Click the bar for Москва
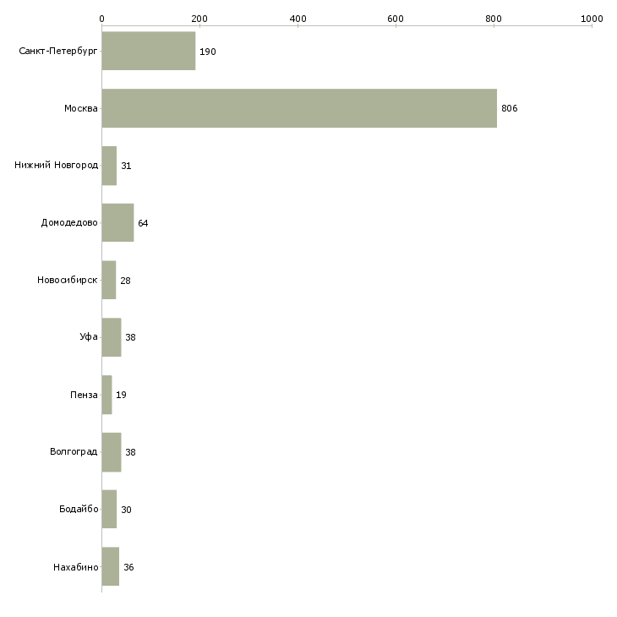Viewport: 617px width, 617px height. pyautogui.click(x=299, y=108)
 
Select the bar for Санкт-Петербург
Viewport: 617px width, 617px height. pyautogui.click(x=149, y=51)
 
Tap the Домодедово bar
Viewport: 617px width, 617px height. pyautogui.click(x=117, y=223)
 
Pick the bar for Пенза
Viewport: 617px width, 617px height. pyautogui.click(x=106, y=395)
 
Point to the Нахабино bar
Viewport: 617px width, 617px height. pyautogui.click(x=111, y=566)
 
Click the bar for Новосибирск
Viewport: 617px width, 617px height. pyautogui.click(x=109, y=280)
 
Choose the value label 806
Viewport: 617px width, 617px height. pyautogui.click(x=509, y=108)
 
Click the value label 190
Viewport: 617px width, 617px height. pyautogui.click(x=208, y=52)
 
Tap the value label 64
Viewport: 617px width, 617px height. pyautogui.click(x=143, y=223)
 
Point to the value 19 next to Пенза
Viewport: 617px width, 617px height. pyautogui.click(x=121, y=395)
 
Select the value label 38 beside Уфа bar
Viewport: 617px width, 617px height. pyautogui.click(x=130, y=337)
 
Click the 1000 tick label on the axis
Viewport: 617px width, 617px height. pyautogui.click(x=592, y=19)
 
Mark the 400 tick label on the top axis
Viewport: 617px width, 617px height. pyautogui.click(x=298, y=19)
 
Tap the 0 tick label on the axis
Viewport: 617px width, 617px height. pyautogui.click(x=102, y=19)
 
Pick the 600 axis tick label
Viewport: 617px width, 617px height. pyautogui.click(x=396, y=19)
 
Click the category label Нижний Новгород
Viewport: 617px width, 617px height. pyautogui.click(x=57, y=166)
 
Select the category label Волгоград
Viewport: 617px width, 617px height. pyautogui.click(x=74, y=451)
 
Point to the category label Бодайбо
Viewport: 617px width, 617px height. pyautogui.click(x=79, y=509)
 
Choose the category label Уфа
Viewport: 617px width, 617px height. pyautogui.click(x=89, y=337)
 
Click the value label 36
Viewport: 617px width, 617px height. pyautogui.click(x=128, y=567)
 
